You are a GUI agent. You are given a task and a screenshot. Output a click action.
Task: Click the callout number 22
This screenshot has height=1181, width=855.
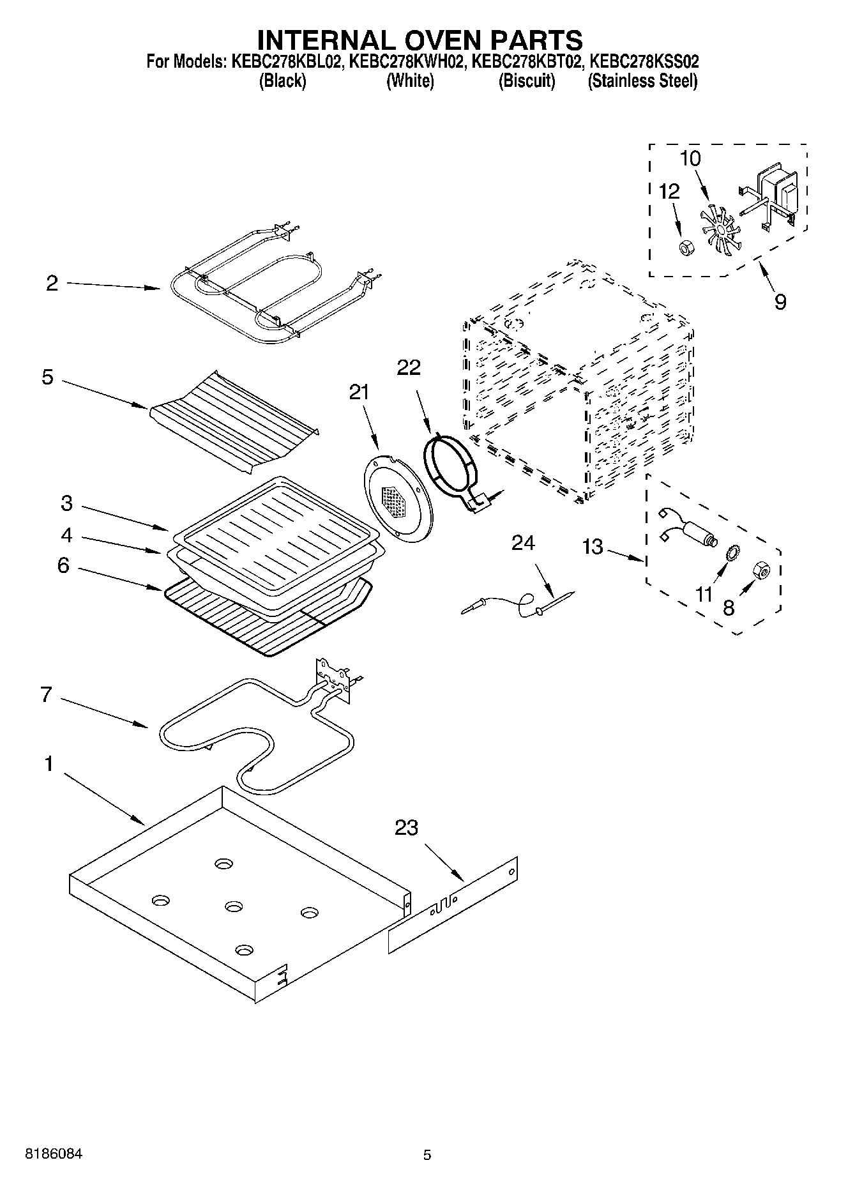[409, 367]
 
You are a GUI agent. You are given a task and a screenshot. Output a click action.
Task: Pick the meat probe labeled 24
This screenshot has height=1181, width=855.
[517, 603]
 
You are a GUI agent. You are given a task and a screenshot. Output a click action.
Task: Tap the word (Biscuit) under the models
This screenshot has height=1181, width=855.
[526, 81]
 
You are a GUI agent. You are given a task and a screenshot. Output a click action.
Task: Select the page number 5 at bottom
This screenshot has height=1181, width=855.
[427, 1154]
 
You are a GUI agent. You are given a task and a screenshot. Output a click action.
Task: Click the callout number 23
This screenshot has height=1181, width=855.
[406, 827]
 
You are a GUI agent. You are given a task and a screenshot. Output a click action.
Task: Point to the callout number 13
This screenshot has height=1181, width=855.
[593, 547]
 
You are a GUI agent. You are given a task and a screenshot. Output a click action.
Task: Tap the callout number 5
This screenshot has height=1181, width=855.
[47, 377]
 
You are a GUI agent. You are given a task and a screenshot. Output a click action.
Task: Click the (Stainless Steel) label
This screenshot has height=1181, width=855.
[642, 81]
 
